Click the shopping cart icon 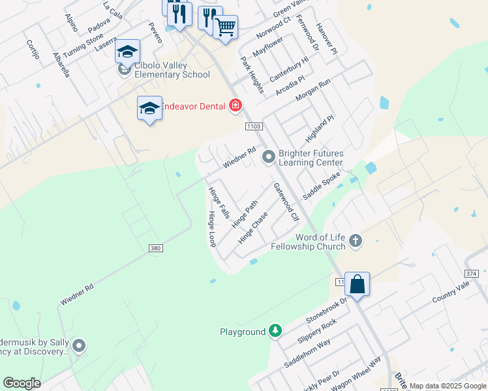coord(225,27)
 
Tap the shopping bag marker coord(357,284)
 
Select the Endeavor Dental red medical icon coord(235,106)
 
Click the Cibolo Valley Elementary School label coord(172,70)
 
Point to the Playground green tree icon coord(276,332)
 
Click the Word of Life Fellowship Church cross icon coord(356,240)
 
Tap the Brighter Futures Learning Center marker coord(268,157)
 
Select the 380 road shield coord(155,248)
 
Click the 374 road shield coord(472,274)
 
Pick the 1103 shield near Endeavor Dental coord(254,125)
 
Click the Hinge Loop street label coord(211,229)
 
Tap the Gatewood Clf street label coord(286,201)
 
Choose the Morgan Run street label coord(313,89)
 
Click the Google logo coord(22,383)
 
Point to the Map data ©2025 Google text coord(448,386)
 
